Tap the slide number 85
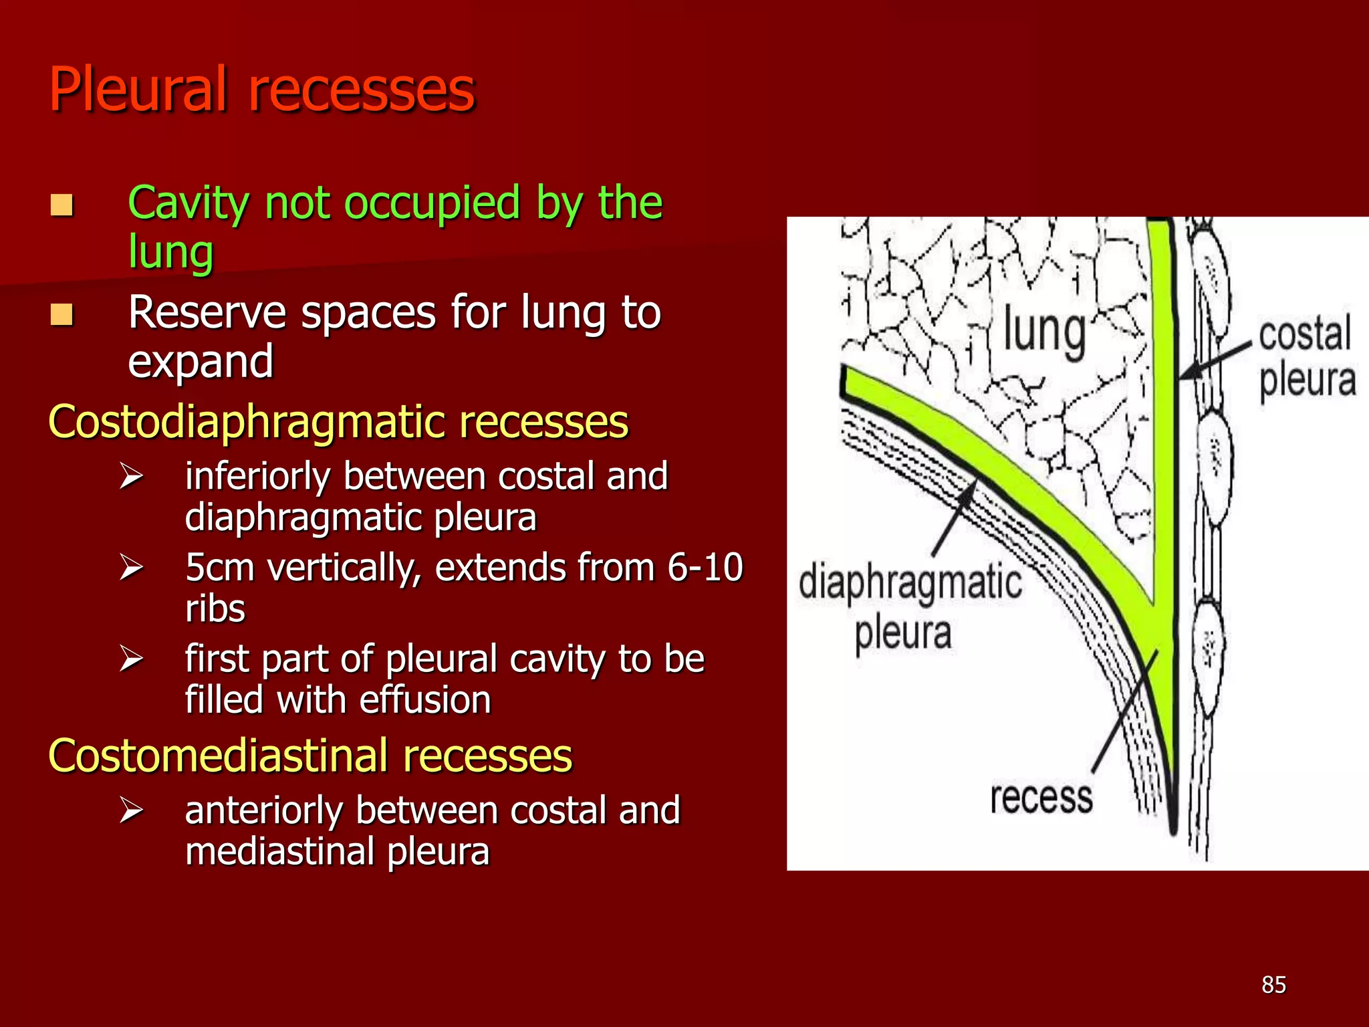pos(1273,985)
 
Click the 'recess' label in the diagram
pos(1041,798)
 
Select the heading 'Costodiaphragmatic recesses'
pos(338,423)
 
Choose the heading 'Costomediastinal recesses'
pos(310,756)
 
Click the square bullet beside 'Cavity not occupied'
pos(62,205)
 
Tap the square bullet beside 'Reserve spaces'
pos(62,314)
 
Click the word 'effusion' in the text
pos(424,701)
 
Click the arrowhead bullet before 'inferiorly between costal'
pos(131,477)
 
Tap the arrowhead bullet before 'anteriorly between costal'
pos(131,810)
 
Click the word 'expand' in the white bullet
pos(201,362)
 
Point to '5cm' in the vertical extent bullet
pos(220,568)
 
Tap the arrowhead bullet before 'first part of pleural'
pos(131,659)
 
